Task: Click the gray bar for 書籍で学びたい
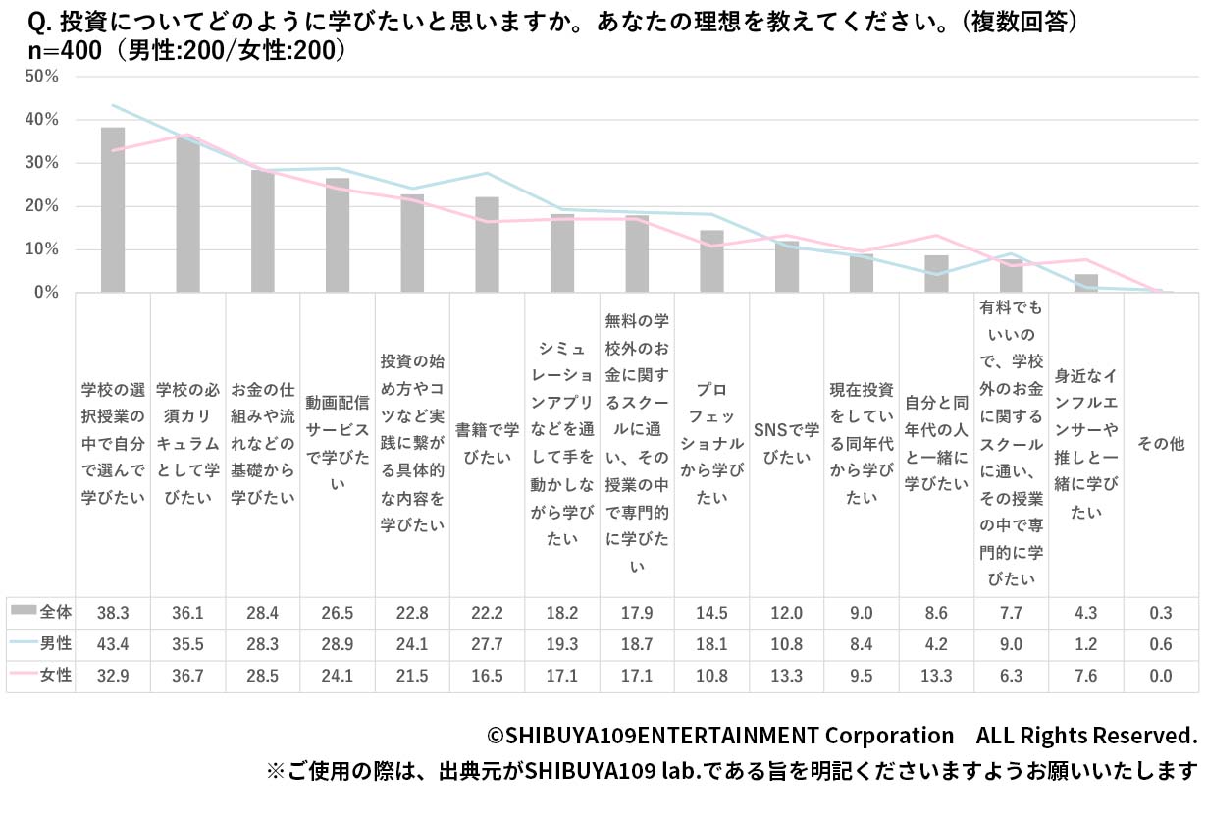(487, 245)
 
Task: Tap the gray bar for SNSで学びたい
(787, 266)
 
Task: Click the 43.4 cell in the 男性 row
(113, 644)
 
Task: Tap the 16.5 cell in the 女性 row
(487, 676)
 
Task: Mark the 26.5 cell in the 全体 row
(338, 613)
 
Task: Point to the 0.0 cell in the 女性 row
(1161, 676)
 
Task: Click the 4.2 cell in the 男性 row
(936, 644)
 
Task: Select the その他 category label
(1161, 444)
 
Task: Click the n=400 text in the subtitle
(58, 50)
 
